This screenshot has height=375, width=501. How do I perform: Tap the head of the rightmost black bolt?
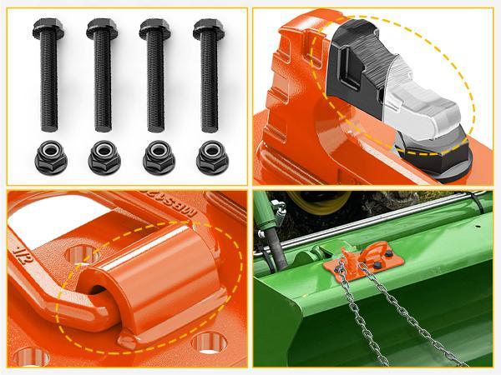pos(209,30)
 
